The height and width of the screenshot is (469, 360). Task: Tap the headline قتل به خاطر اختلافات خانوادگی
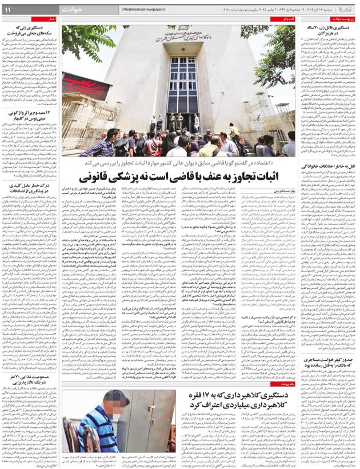click(x=333, y=166)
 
